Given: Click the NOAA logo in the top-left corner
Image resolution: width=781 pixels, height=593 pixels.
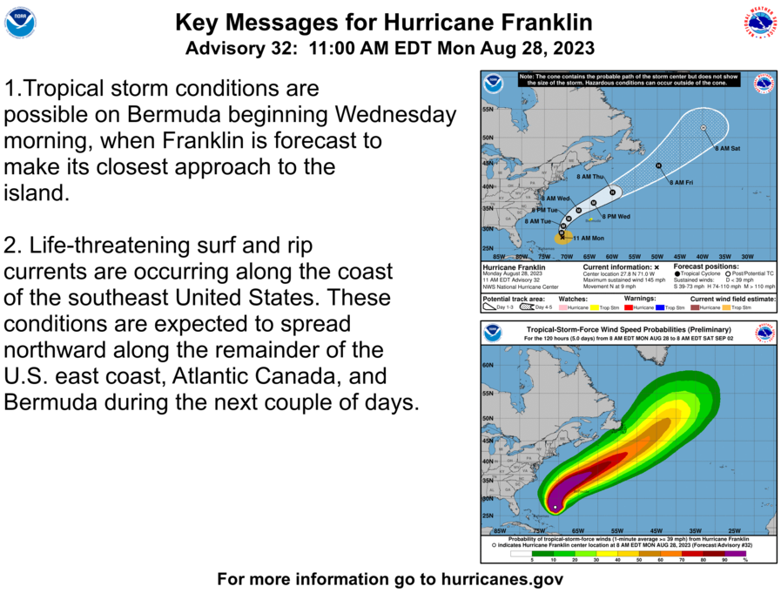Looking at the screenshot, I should point(19,24).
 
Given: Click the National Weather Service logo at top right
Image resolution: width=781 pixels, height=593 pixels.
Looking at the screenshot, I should point(759,24).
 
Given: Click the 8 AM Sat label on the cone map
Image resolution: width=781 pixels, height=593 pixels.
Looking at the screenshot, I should point(727,149).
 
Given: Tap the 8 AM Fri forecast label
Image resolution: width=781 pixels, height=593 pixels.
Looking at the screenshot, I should point(681,182).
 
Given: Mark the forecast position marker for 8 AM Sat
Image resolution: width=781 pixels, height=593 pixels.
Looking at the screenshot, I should point(703,129).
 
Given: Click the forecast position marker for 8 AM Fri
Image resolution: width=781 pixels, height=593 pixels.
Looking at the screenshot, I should point(659,165).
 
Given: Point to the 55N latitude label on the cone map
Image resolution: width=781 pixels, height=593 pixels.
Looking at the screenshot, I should point(488,110).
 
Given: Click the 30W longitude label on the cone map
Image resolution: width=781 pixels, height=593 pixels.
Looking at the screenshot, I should point(746,256).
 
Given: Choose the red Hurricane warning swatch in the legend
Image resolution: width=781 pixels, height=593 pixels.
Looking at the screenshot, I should point(629,307).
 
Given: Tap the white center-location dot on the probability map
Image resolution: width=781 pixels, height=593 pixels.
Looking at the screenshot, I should point(555,507).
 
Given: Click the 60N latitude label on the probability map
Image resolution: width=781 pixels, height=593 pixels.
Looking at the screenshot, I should point(488,367).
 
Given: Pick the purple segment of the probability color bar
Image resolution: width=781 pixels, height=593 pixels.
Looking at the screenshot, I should point(736,553).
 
